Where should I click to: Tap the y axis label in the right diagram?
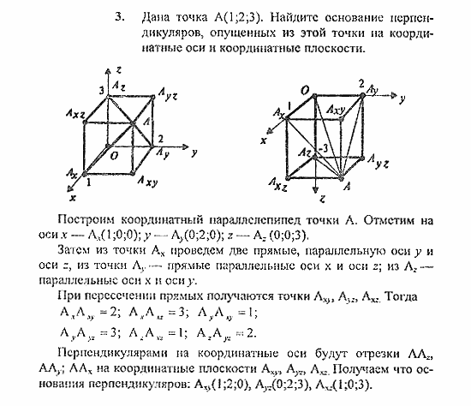pyautogui.click(x=400, y=99)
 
